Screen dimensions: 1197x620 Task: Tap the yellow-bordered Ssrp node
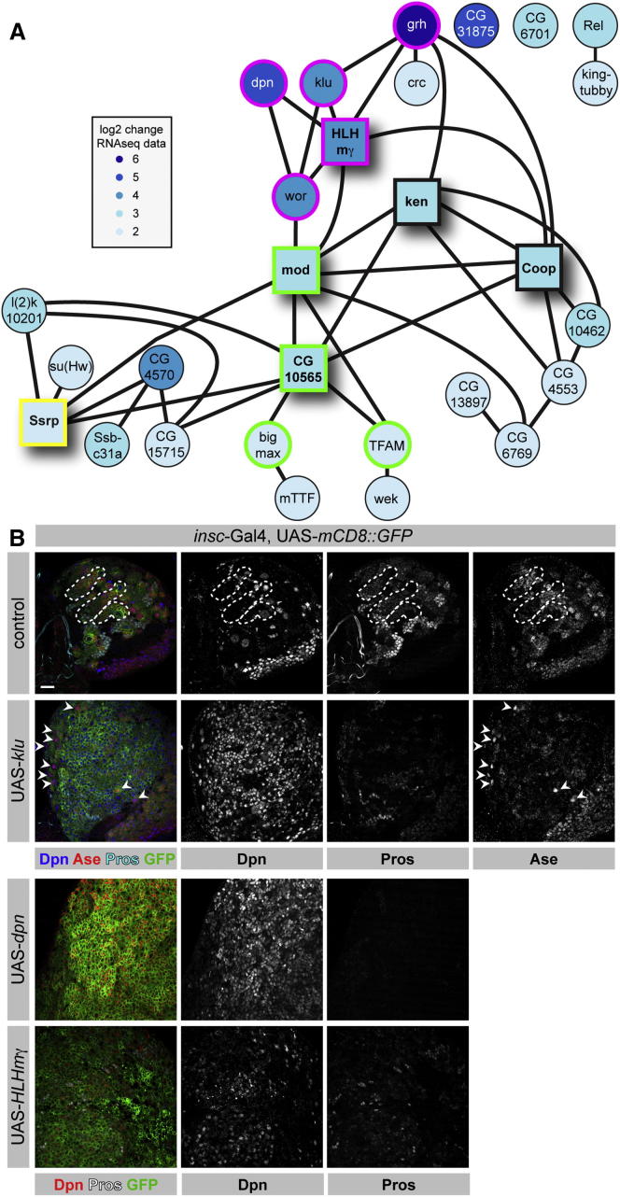(x=46, y=425)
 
